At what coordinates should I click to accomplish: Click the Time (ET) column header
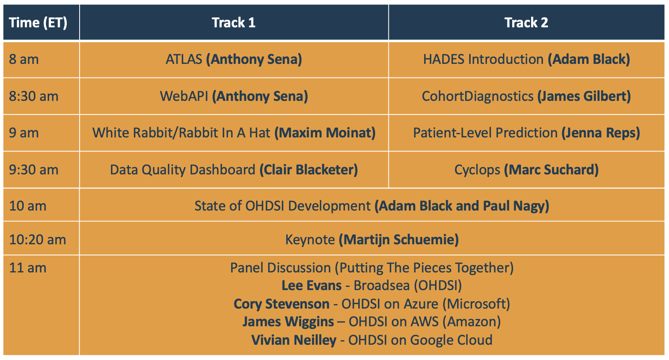pos(38,22)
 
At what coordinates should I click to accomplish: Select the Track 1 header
pos(234,22)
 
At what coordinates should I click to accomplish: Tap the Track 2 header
pos(526,22)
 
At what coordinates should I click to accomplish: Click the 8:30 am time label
pos(33,96)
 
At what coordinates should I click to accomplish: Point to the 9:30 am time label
pos(33,170)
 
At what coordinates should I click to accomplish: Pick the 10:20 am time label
pos(37,239)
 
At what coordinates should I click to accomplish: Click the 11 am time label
pos(27,268)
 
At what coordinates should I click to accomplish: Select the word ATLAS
pos(184,59)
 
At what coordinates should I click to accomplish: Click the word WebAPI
pos(184,96)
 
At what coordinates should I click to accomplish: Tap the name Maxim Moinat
pos(325,133)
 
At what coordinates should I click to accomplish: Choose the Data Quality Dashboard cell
pos(234,170)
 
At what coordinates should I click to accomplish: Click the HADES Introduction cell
pos(527,59)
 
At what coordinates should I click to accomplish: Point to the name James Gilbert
pos(584,96)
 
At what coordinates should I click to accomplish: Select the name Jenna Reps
pos(601,133)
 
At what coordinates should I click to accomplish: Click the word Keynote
pos(310,239)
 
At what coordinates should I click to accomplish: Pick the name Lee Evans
pos(312,285)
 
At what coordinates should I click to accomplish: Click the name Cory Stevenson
pos(281,304)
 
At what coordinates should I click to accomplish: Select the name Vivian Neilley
pos(294,340)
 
